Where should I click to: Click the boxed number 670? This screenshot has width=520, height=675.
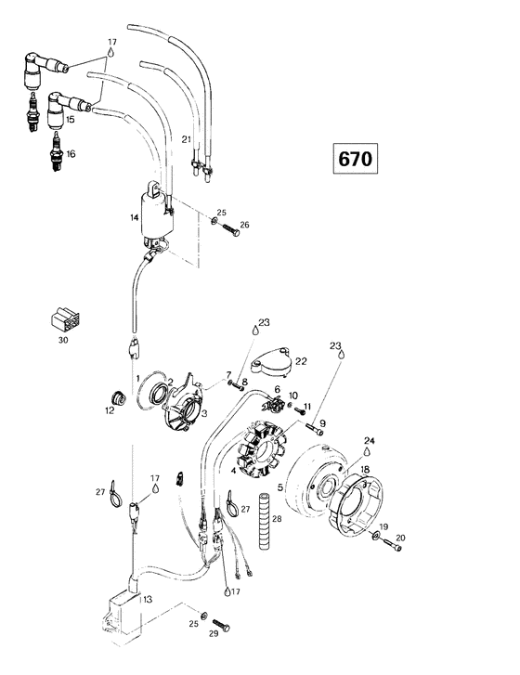pos(355,159)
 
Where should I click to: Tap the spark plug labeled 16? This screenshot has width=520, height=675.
pos(57,151)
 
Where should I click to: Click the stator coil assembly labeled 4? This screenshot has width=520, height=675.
pos(261,449)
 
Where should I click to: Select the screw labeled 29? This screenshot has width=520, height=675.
pos(221,625)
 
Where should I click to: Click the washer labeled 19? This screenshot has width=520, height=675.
pos(375,535)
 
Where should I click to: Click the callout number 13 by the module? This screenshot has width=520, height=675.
pos(148,599)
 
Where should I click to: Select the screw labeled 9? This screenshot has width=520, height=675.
pos(315,429)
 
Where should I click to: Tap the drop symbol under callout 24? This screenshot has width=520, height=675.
pos(367,450)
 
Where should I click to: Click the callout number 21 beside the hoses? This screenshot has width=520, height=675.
pos(186,139)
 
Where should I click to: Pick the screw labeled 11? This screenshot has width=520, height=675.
pos(300,411)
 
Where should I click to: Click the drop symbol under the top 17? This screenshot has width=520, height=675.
pos(112,53)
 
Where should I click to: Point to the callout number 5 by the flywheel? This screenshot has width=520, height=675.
pos(280,487)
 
